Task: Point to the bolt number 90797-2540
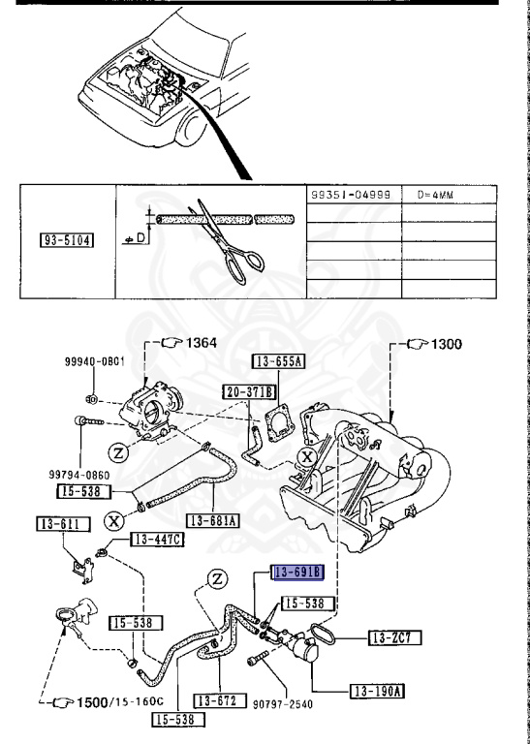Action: point(288,702)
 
